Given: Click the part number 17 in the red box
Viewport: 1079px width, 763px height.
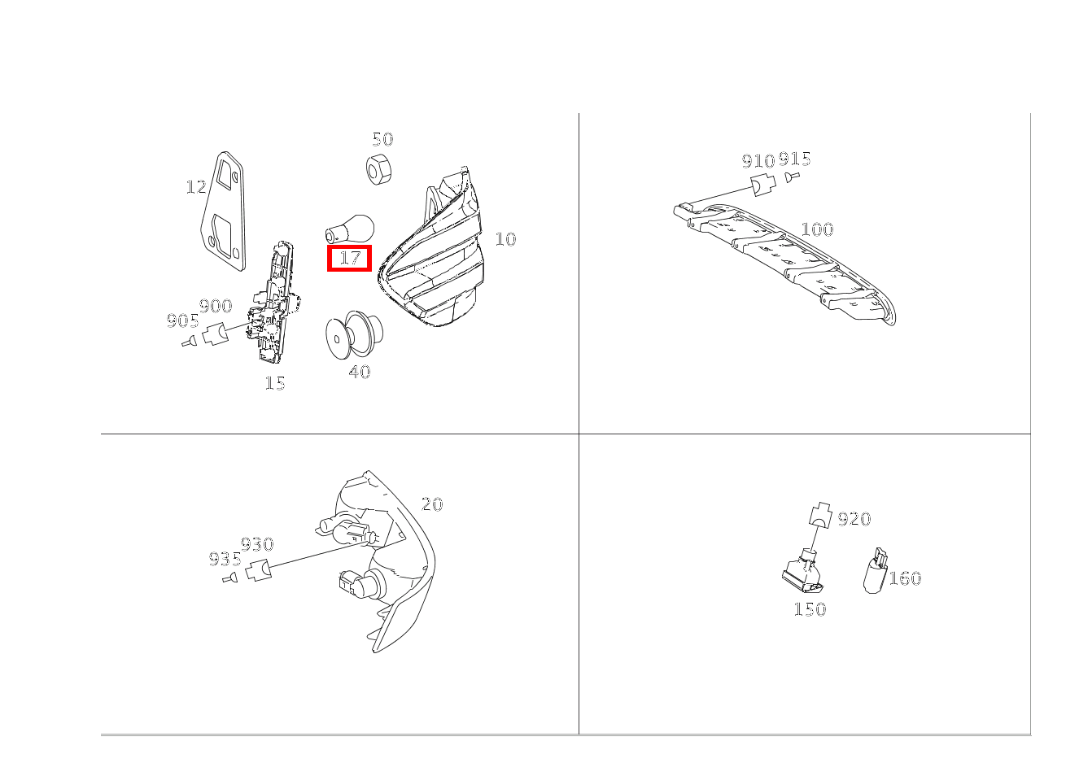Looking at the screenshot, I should coord(349,259).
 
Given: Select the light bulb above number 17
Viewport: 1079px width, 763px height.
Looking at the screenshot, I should coord(349,228).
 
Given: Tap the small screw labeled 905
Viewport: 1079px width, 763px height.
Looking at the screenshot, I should coord(190,342).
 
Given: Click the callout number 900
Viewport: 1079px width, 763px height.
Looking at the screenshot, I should coord(216,307).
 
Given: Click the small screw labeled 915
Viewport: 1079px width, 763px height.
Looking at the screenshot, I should coord(792,177).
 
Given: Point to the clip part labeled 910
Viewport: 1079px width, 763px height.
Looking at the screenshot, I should coord(761,185).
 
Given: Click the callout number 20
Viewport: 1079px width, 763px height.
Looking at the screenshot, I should coord(432,504).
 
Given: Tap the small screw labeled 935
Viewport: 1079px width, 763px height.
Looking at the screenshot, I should coord(230,578).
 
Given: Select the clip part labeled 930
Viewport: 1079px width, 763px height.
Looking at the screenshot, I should coord(259,570).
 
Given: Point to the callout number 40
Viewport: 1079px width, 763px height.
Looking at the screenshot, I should coord(359,373).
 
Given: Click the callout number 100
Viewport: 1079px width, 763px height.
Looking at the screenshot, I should coord(817,229).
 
